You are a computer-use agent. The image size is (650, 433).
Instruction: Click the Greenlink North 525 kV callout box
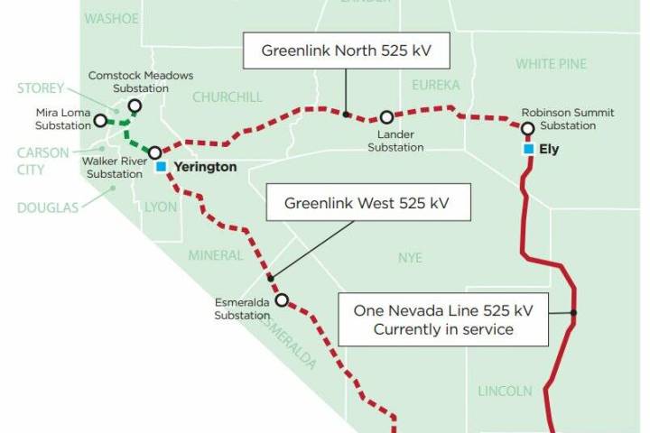[347, 51]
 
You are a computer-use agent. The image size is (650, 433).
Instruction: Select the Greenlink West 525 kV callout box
[369, 204]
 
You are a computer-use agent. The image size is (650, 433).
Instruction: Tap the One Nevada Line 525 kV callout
[443, 319]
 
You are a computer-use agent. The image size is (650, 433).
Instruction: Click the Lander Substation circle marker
[386, 116]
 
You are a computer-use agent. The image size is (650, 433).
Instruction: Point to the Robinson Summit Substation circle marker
[528, 129]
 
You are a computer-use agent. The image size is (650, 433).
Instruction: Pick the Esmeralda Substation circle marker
[282, 299]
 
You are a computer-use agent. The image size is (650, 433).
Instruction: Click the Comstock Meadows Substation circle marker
[135, 106]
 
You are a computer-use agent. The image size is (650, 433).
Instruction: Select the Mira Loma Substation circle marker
[99, 119]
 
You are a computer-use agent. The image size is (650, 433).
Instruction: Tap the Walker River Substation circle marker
[154, 152]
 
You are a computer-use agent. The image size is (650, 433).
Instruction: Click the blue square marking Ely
[528, 149]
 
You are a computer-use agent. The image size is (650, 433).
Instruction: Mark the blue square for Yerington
[161, 167]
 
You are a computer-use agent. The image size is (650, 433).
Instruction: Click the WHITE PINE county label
[551, 64]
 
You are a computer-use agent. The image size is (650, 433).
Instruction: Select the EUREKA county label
[435, 85]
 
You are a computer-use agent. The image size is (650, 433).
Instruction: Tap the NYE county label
[410, 258]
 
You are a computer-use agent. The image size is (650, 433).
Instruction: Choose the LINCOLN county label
[505, 391]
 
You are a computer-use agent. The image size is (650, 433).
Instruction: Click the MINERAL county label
[215, 255]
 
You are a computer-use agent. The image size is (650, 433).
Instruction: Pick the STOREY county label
[41, 88]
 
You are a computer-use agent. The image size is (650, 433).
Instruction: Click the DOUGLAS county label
[46, 207]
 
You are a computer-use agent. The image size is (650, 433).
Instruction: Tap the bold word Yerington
[205, 167]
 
